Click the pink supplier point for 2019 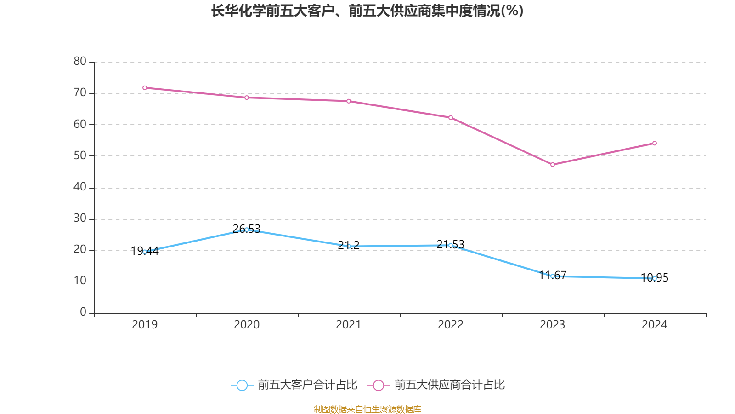click(x=145, y=87)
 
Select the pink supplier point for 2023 click(x=553, y=164)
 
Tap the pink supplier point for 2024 click(x=655, y=143)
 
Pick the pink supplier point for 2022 click(x=451, y=117)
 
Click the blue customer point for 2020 click(x=247, y=230)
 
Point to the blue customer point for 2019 click(x=145, y=252)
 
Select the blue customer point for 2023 click(x=553, y=276)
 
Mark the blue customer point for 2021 click(x=349, y=246)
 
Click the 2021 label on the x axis click(x=349, y=325)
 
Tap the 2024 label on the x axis click(x=655, y=325)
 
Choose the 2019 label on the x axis click(x=145, y=325)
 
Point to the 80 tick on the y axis click(x=80, y=61)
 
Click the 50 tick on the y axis click(x=80, y=155)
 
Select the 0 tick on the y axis click(x=83, y=312)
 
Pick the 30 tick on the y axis click(x=80, y=218)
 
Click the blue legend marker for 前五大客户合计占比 click(x=242, y=385)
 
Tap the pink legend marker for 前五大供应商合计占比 click(x=379, y=385)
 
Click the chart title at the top click(x=367, y=11)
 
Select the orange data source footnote click(x=367, y=409)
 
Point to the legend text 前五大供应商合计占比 click(x=449, y=385)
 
